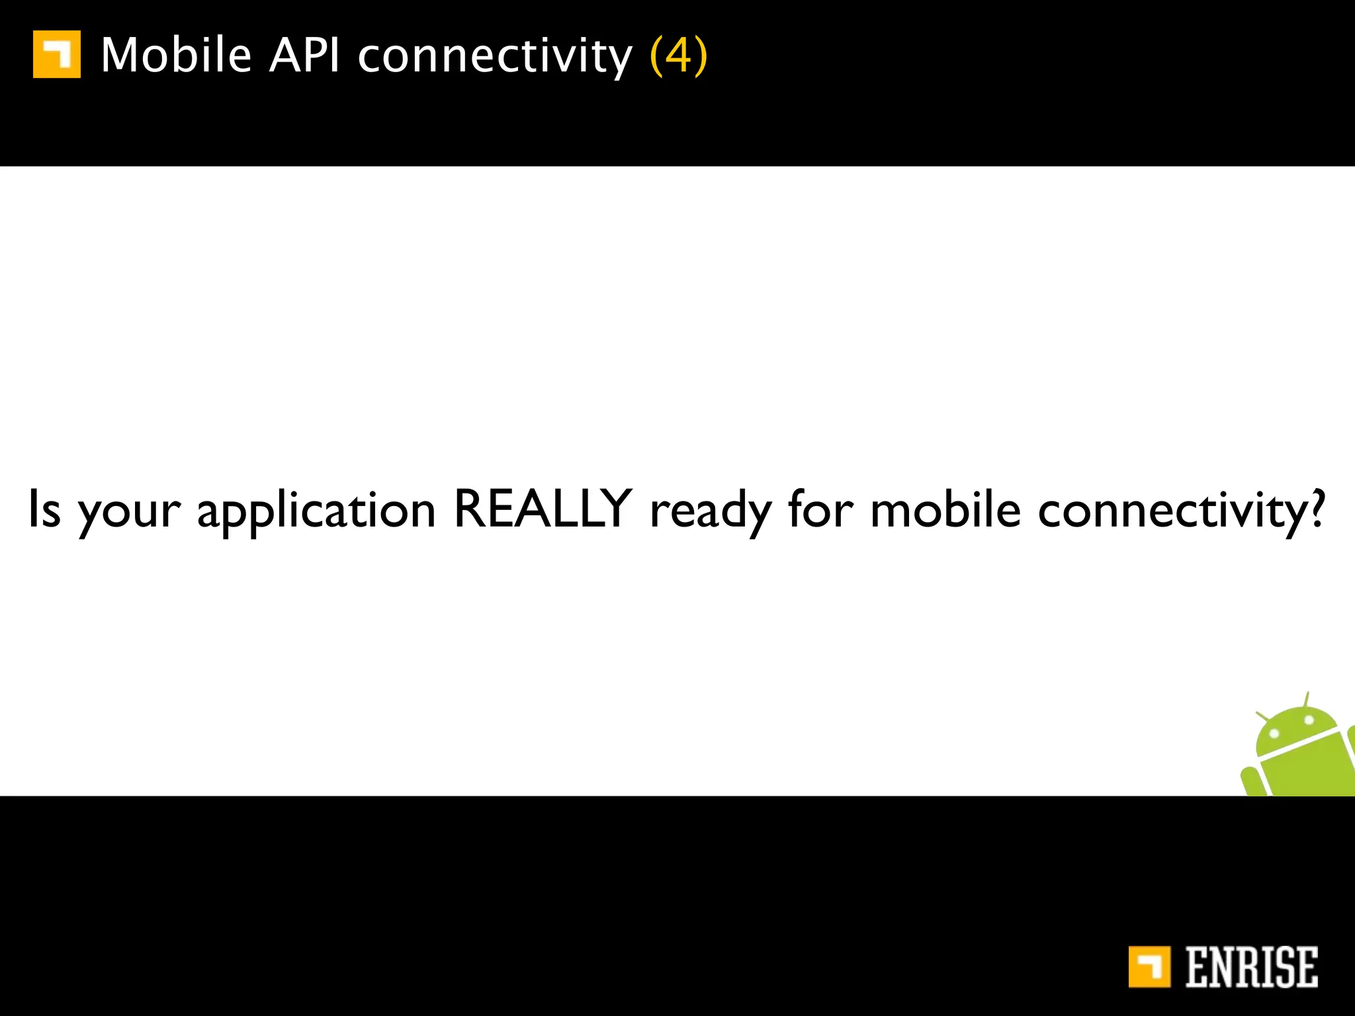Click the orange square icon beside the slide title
pos(57,54)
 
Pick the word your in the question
pos(129,513)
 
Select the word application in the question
pos(316,513)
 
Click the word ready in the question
pos(710,513)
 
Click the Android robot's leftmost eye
pos(1274,734)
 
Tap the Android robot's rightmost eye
pos(1309,720)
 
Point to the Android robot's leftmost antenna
pos(1264,716)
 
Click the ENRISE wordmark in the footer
pos(1251,967)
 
